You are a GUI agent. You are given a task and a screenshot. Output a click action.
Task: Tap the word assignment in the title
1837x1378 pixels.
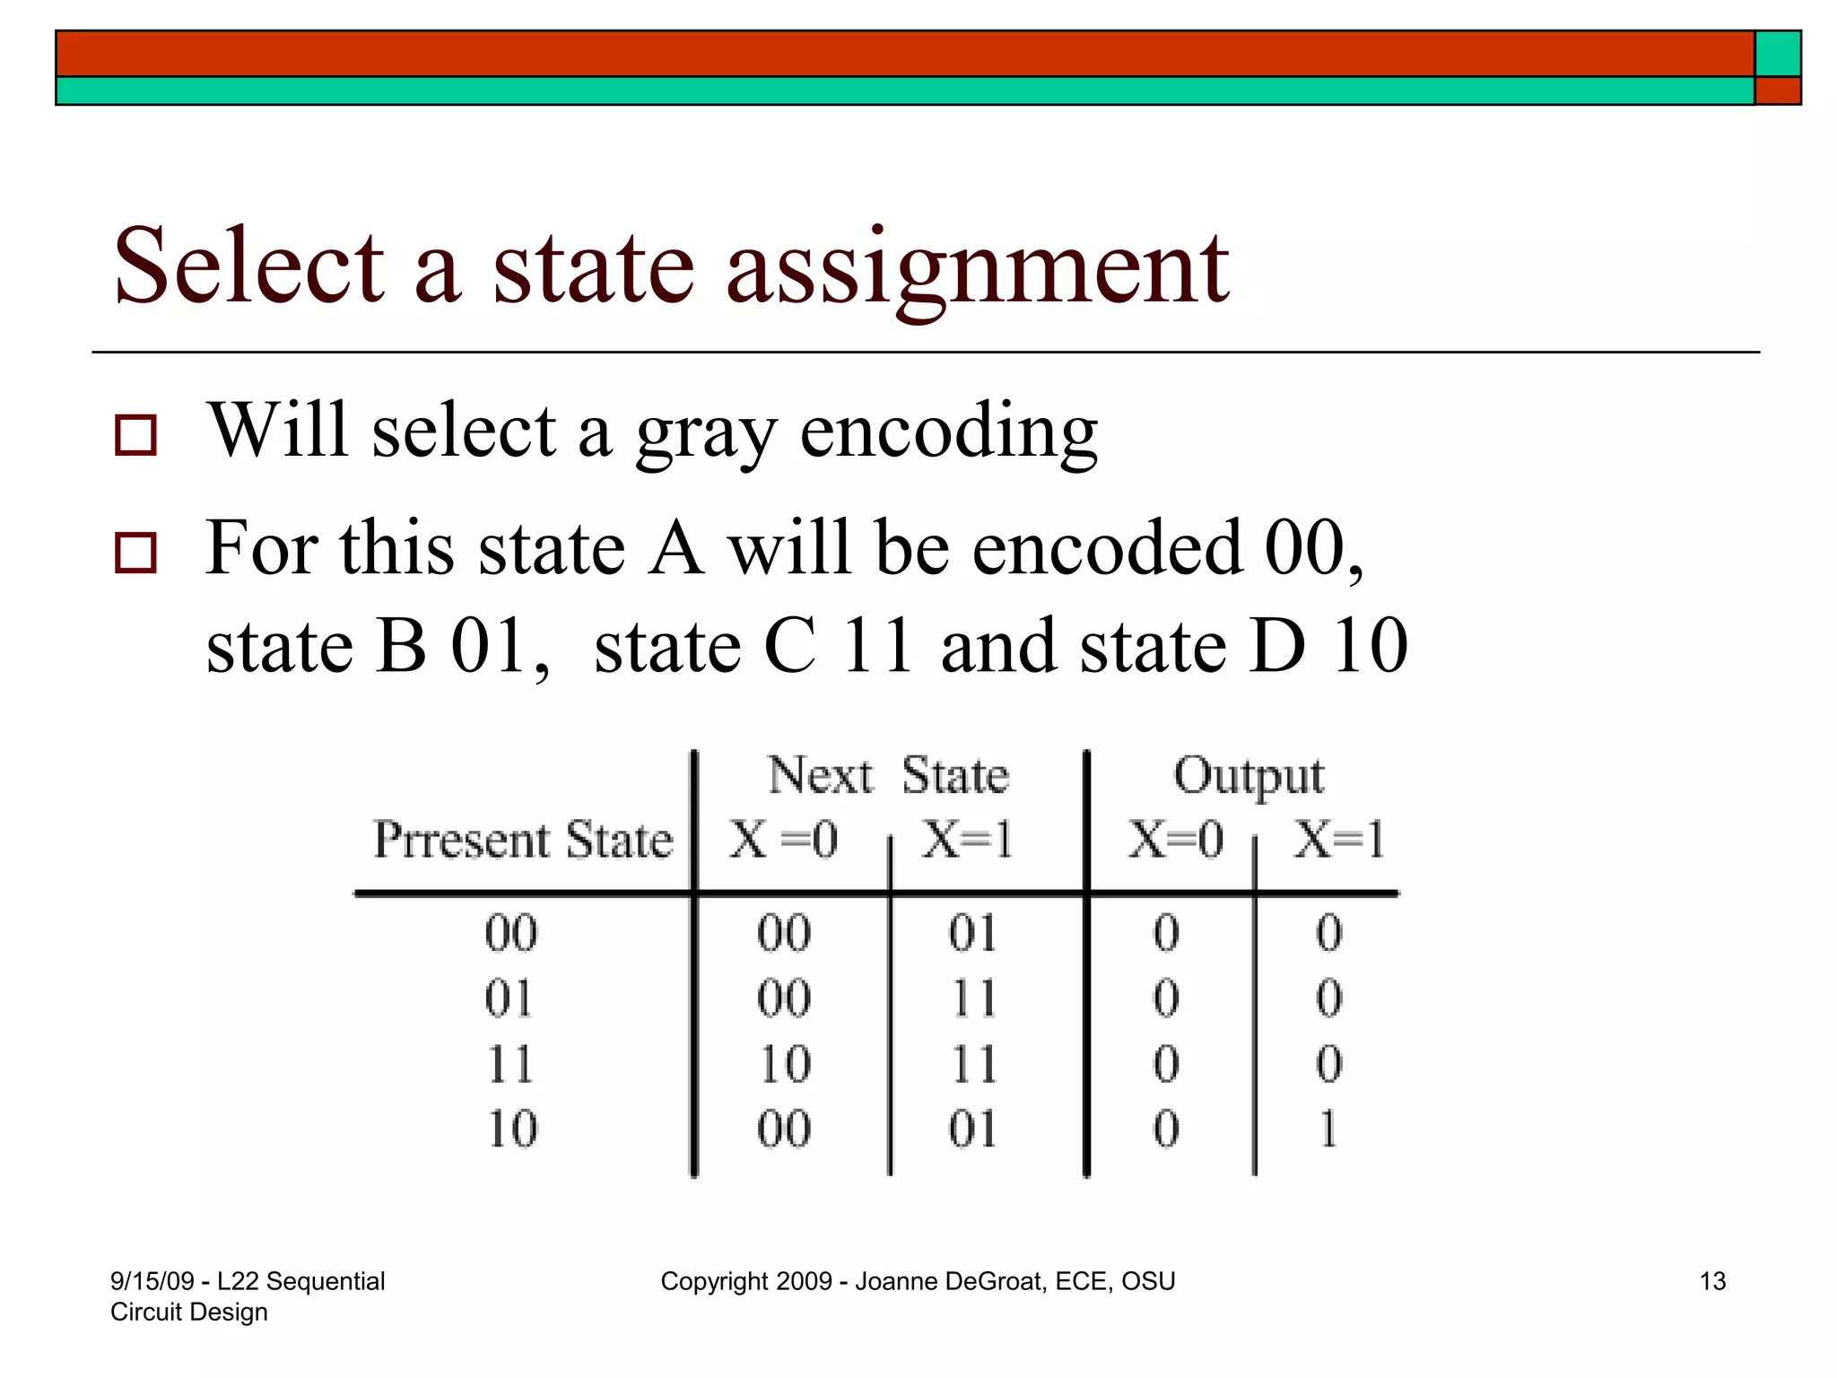[978, 269]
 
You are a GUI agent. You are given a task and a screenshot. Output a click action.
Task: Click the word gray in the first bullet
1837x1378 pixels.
[707, 432]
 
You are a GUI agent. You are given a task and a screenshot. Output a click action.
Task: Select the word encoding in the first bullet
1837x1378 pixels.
[948, 432]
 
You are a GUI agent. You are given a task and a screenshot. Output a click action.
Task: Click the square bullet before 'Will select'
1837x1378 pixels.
[135, 435]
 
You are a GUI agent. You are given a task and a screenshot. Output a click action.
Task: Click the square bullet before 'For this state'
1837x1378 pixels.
[135, 552]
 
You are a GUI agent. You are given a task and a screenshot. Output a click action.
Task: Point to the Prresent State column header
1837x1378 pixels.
[522, 841]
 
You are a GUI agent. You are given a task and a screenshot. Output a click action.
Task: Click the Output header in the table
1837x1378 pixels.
[1248, 776]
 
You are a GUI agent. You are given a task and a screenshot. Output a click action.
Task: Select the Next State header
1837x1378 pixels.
[888, 776]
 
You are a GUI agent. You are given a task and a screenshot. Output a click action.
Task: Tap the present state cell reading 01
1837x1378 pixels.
[509, 999]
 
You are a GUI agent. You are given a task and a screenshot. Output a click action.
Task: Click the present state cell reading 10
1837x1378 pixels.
[511, 1129]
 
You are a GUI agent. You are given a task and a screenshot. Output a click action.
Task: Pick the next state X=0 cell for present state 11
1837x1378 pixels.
[784, 1065]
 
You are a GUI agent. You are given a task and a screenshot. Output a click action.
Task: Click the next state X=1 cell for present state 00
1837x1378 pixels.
[972, 934]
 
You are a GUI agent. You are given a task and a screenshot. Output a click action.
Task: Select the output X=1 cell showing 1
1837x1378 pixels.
[1328, 1129]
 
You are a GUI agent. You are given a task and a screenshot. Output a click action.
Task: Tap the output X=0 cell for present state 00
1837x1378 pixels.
[1166, 934]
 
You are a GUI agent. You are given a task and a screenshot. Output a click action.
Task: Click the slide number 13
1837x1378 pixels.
[1712, 1281]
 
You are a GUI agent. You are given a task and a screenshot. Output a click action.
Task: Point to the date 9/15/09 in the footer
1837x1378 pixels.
[152, 1281]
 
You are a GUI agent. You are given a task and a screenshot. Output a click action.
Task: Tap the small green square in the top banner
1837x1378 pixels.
[1777, 54]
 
